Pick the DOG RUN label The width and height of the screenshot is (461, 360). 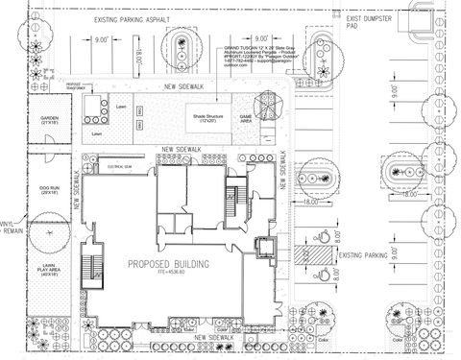pyautogui.click(x=48, y=188)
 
